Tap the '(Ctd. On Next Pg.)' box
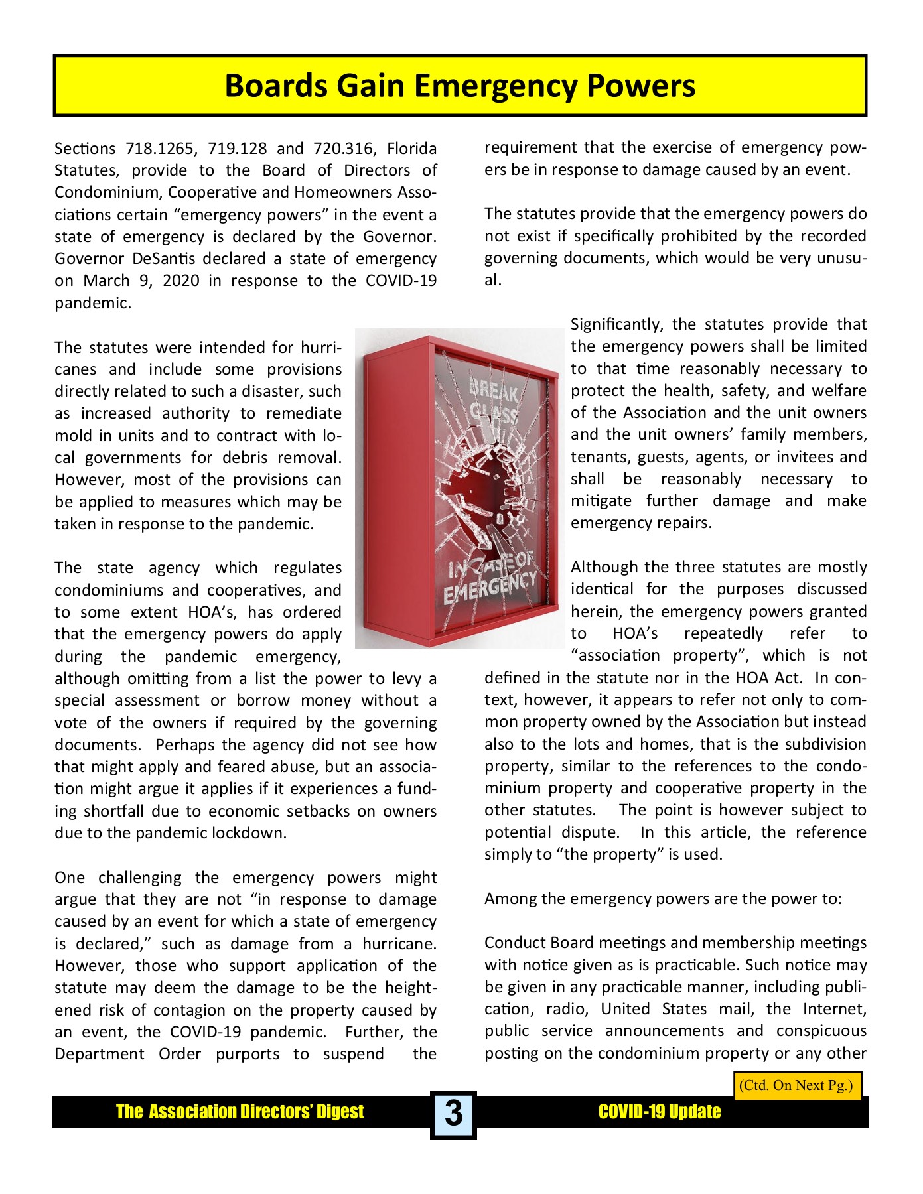coord(796,1086)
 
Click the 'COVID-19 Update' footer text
coord(659,1112)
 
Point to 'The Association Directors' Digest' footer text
coord(240,1112)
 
